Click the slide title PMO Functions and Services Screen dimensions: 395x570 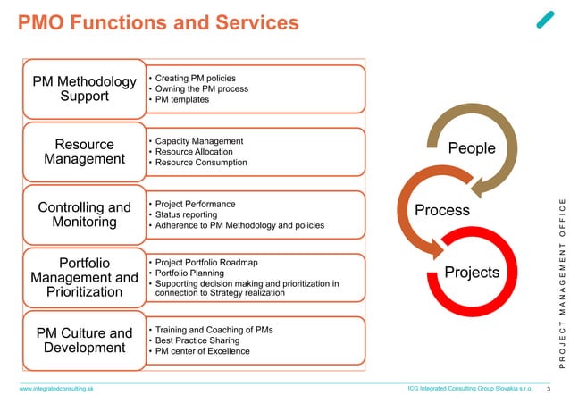(158, 21)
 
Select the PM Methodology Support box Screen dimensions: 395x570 (84, 88)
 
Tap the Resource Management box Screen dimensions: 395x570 (84, 151)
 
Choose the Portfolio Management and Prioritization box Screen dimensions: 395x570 (84, 278)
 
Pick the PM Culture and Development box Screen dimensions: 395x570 (84, 340)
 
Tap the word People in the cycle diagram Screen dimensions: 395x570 (471, 148)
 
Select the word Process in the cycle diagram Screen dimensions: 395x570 (442, 210)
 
